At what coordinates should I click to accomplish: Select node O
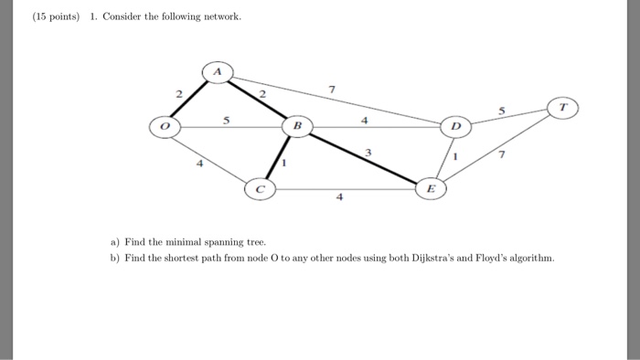(x=166, y=128)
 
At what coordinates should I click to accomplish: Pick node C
(x=260, y=189)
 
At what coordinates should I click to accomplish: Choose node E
(x=432, y=188)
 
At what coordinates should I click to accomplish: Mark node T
(x=563, y=108)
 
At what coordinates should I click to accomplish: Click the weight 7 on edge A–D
(x=332, y=90)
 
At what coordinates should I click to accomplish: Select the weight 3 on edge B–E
(x=368, y=152)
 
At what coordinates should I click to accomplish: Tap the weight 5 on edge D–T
(x=502, y=110)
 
